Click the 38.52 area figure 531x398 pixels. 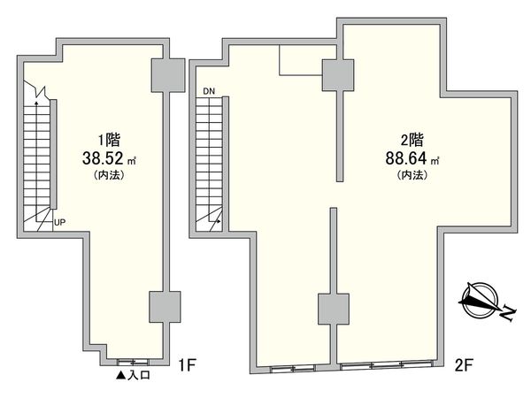[103, 158]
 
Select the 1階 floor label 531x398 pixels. [109, 140]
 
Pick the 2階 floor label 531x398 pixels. [412, 140]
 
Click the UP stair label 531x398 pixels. [59, 223]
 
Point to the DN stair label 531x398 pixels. [209, 91]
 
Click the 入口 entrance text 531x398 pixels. [139, 375]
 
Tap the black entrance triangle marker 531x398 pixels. [121, 375]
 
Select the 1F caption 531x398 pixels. [187, 364]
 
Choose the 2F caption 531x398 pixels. [464, 364]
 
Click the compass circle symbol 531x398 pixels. [481, 300]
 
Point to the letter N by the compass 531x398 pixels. [508, 313]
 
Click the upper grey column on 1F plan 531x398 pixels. [168, 75]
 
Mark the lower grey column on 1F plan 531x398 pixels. [165, 307]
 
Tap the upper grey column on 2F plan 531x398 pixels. [338, 75]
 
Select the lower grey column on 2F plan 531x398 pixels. [334, 309]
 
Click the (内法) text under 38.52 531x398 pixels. [109, 175]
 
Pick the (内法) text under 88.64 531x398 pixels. [412, 175]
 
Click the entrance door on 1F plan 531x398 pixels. [133, 362]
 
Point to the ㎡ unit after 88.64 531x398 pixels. [435, 161]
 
